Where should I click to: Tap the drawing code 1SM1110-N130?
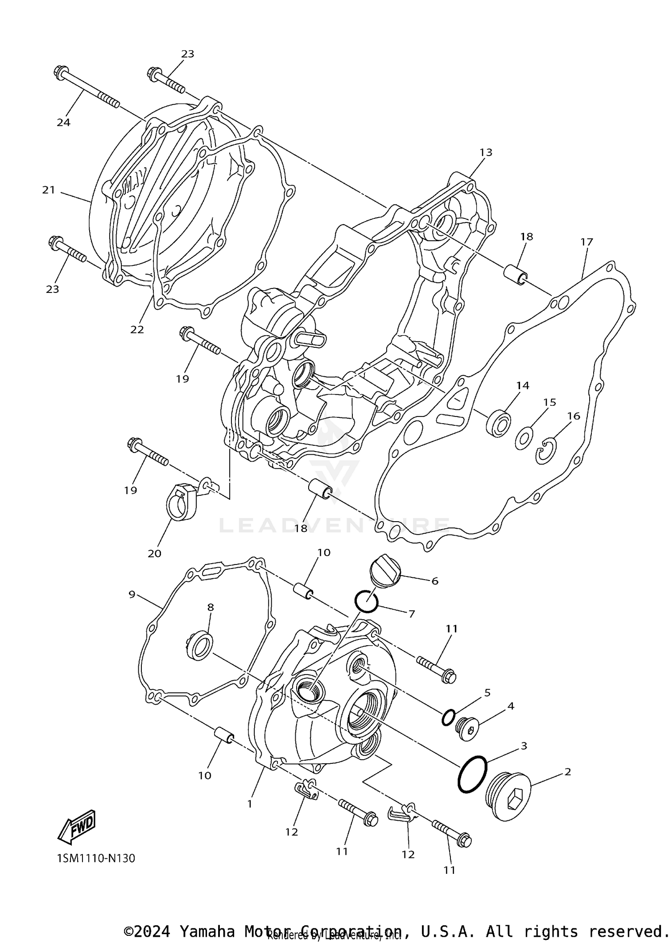pyautogui.click(x=96, y=858)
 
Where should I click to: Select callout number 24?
pyautogui.click(x=63, y=122)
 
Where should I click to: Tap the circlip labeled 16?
pyautogui.click(x=546, y=451)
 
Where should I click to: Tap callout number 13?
pyautogui.click(x=486, y=152)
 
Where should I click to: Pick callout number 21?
pyautogui.click(x=48, y=190)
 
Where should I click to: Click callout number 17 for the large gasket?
pyautogui.click(x=586, y=242)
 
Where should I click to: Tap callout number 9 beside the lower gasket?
pyautogui.click(x=132, y=594)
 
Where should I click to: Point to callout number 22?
pyautogui.click(x=137, y=329)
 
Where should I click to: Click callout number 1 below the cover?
pyautogui.click(x=250, y=803)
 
